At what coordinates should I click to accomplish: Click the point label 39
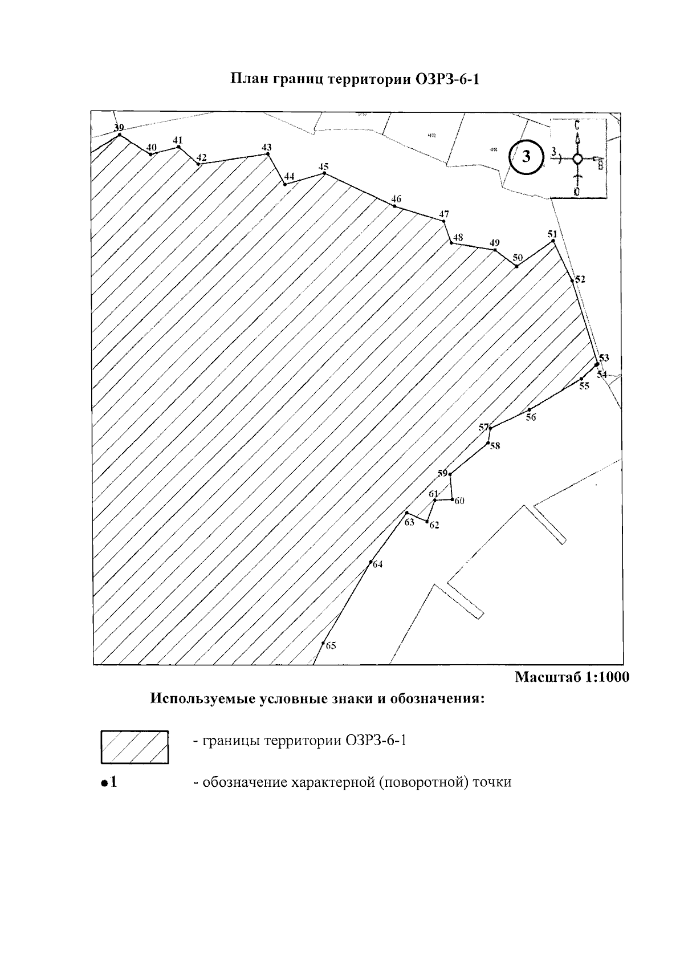[x=119, y=127]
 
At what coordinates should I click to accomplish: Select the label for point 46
[x=396, y=199]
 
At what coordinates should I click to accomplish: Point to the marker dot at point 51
[x=553, y=241]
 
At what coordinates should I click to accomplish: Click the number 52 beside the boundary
[x=580, y=279]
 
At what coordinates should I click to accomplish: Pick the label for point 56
[x=531, y=417]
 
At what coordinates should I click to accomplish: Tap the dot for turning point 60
[x=452, y=500]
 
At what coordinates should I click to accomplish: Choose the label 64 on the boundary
[x=377, y=565]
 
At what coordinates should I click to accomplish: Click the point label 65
[x=331, y=646]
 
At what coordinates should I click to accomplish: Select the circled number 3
[x=526, y=157]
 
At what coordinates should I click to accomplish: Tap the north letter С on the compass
[x=577, y=124]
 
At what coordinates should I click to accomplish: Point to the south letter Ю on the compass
[x=577, y=192]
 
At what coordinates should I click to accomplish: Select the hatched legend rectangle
[x=135, y=747]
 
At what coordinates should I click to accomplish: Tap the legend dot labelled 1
[x=104, y=783]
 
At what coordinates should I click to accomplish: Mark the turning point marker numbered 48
[x=451, y=243]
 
